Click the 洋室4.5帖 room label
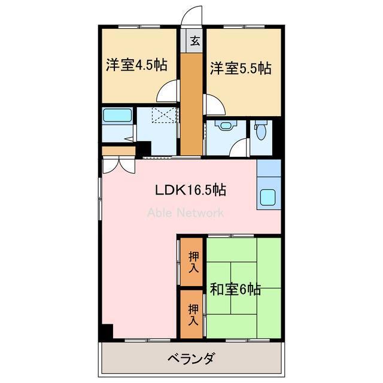136,66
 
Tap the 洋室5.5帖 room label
240,68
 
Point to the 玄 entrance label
195,41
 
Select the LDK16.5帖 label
190,190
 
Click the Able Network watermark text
186,212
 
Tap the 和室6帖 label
235,290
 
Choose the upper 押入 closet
193,262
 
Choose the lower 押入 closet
193,314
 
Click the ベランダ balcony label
190,360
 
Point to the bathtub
117,115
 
